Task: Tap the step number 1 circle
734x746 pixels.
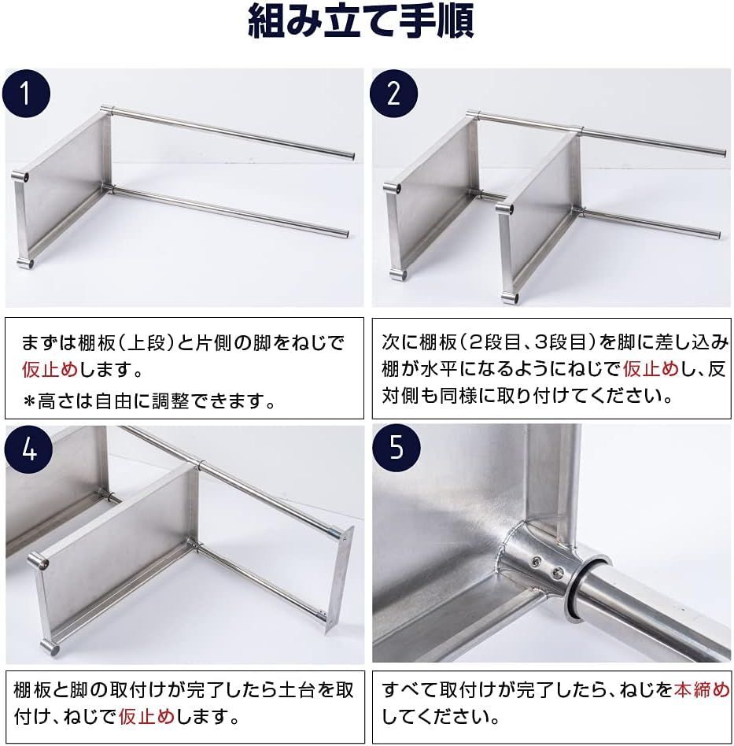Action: (26, 94)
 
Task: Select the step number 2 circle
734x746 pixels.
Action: (393, 94)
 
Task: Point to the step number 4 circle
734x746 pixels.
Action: (29, 449)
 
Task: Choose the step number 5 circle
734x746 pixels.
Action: (397, 448)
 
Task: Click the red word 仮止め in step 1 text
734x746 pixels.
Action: (50, 369)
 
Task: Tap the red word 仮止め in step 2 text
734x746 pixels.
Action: (651, 368)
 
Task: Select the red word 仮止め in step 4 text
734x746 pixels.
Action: (147, 715)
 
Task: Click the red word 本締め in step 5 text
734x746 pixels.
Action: (702, 689)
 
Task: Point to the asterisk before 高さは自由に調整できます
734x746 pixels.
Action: (29, 402)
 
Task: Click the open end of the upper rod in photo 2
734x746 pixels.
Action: (722, 153)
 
